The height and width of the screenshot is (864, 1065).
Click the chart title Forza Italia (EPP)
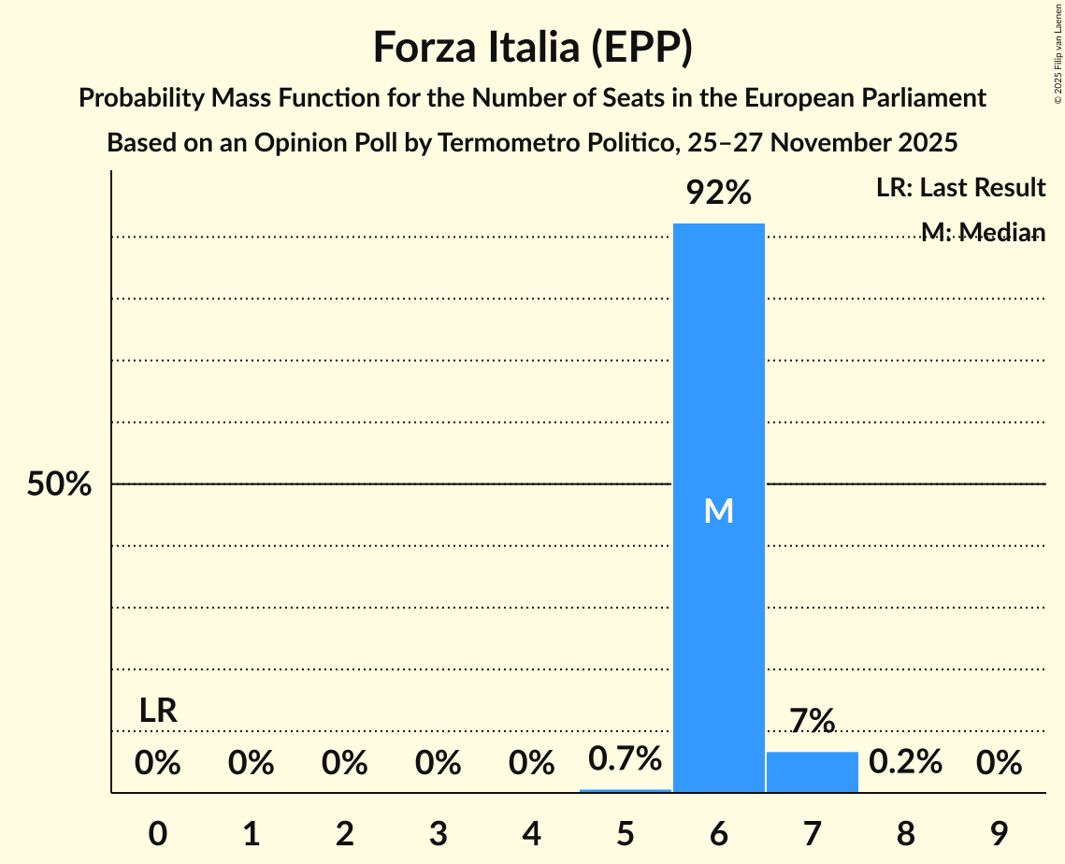pos(532,48)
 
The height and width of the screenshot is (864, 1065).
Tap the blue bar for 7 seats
pos(812,772)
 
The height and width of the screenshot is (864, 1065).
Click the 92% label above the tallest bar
pos(719,193)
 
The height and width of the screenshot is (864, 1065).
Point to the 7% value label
pos(812,721)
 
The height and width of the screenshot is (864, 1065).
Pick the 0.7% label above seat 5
pos(626,758)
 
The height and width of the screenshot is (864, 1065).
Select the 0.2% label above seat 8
pos(905,762)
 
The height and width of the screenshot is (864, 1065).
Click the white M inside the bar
pos(719,511)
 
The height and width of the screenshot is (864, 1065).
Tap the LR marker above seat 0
pos(158,711)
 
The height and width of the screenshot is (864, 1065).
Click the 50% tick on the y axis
pos(59,484)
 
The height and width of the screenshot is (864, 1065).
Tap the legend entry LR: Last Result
pos(960,188)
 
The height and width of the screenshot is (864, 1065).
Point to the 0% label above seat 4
pos(532,763)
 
